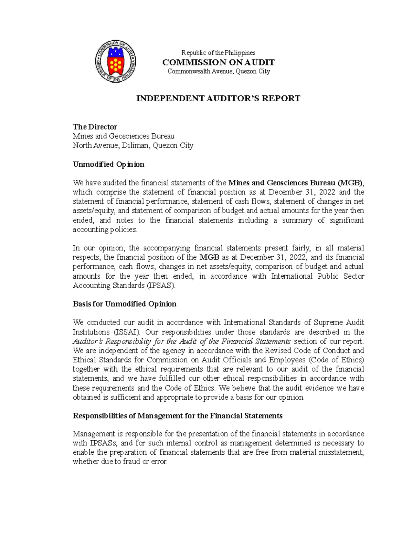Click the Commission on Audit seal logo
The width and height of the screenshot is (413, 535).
[x=116, y=61]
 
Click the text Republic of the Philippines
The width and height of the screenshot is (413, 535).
[x=218, y=53]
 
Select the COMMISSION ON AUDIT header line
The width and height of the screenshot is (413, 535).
[x=218, y=62]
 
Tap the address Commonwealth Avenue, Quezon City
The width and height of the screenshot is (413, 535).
[x=219, y=71]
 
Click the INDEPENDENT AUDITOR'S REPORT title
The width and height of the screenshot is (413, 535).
[x=218, y=99]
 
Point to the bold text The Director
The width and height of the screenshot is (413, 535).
[x=95, y=127]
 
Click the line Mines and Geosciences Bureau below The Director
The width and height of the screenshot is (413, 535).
[x=124, y=136]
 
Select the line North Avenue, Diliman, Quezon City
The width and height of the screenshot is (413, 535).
[x=133, y=145]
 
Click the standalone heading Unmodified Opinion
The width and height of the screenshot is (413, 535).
[x=108, y=164]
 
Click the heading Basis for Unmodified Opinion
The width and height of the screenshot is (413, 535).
[x=125, y=304]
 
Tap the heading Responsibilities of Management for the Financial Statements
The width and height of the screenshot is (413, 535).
[x=178, y=416]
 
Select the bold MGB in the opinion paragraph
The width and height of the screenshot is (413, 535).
[x=209, y=257]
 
